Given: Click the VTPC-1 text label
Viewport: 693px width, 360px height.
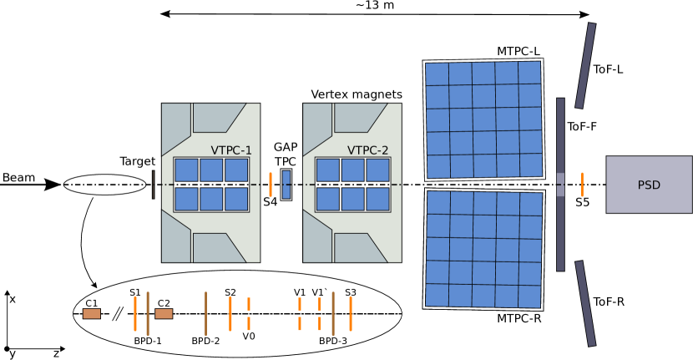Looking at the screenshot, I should pyautogui.click(x=231, y=150).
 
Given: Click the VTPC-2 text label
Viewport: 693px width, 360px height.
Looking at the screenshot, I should pyautogui.click(x=368, y=150).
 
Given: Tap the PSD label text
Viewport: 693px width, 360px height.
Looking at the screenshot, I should pyautogui.click(x=649, y=185).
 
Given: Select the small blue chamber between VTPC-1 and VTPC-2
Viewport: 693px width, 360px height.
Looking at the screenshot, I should pyautogui.click(x=286, y=185).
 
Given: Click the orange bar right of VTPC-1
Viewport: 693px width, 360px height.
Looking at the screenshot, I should pyautogui.click(x=271, y=185).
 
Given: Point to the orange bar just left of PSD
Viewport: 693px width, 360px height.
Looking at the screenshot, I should pyautogui.click(x=582, y=185).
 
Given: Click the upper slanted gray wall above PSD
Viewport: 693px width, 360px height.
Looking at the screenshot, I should pyautogui.click(x=585, y=65).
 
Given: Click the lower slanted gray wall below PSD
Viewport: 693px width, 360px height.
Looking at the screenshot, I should pyautogui.click(x=585, y=303).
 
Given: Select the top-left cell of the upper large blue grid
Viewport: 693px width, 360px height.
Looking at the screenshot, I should pyautogui.click(x=437, y=74).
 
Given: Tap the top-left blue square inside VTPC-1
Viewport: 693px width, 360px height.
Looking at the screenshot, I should pyautogui.click(x=186, y=170).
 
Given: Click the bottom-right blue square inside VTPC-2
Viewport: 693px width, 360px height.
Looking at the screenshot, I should pyautogui.click(x=377, y=199).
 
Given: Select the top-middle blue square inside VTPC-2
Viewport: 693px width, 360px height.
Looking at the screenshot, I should pyautogui.click(x=352, y=170).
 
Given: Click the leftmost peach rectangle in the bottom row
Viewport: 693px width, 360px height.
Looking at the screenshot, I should pyautogui.click(x=91, y=314).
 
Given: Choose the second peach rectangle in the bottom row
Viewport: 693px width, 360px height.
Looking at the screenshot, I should pyautogui.click(x=164, y=314).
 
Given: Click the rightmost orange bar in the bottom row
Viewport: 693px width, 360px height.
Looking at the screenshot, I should pyautogui.click(x=351, y=313).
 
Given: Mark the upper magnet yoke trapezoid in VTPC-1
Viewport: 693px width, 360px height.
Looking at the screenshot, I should pyautogui.click(x=217, y=118).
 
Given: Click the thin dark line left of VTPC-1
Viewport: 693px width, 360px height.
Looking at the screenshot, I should pyautogui.click(x=153, y=185).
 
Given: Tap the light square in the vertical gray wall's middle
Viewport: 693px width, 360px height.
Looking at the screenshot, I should pyautogui.click(x=560, y=185).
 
